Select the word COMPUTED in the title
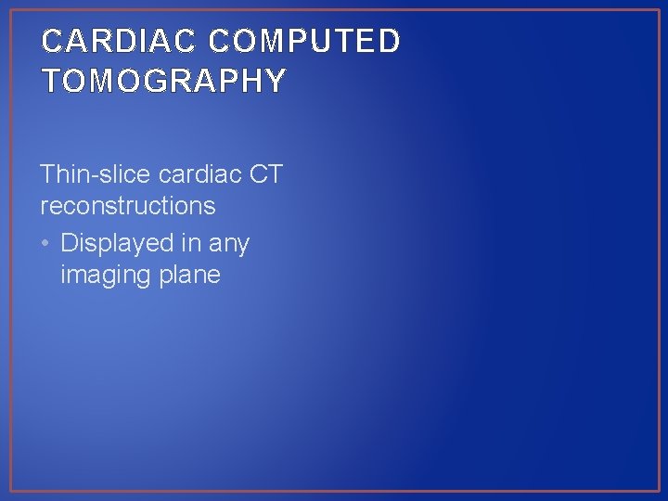304,42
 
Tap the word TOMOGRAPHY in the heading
163,82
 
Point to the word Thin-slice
96,173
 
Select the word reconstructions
128,205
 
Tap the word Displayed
117,244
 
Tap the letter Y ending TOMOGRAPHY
275,82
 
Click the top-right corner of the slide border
659,10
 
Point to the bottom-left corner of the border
10,491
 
